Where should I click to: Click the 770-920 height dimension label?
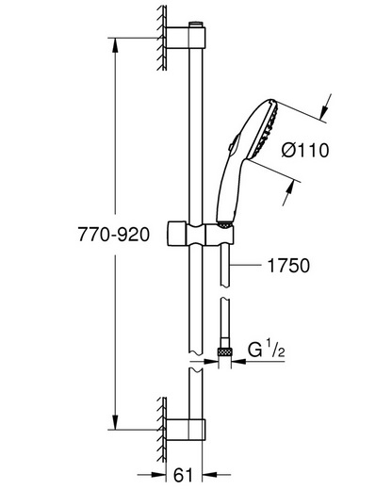[x=114, y=235]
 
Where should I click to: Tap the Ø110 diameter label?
[x=305, y=150]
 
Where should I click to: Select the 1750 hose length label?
[x=288, y=266]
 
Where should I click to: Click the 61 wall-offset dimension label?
[x=183, y=475]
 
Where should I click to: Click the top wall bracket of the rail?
[x=186, y=38]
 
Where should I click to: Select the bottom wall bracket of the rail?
[x=186, y=430]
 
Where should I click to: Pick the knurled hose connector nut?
[x=224, y=351]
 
